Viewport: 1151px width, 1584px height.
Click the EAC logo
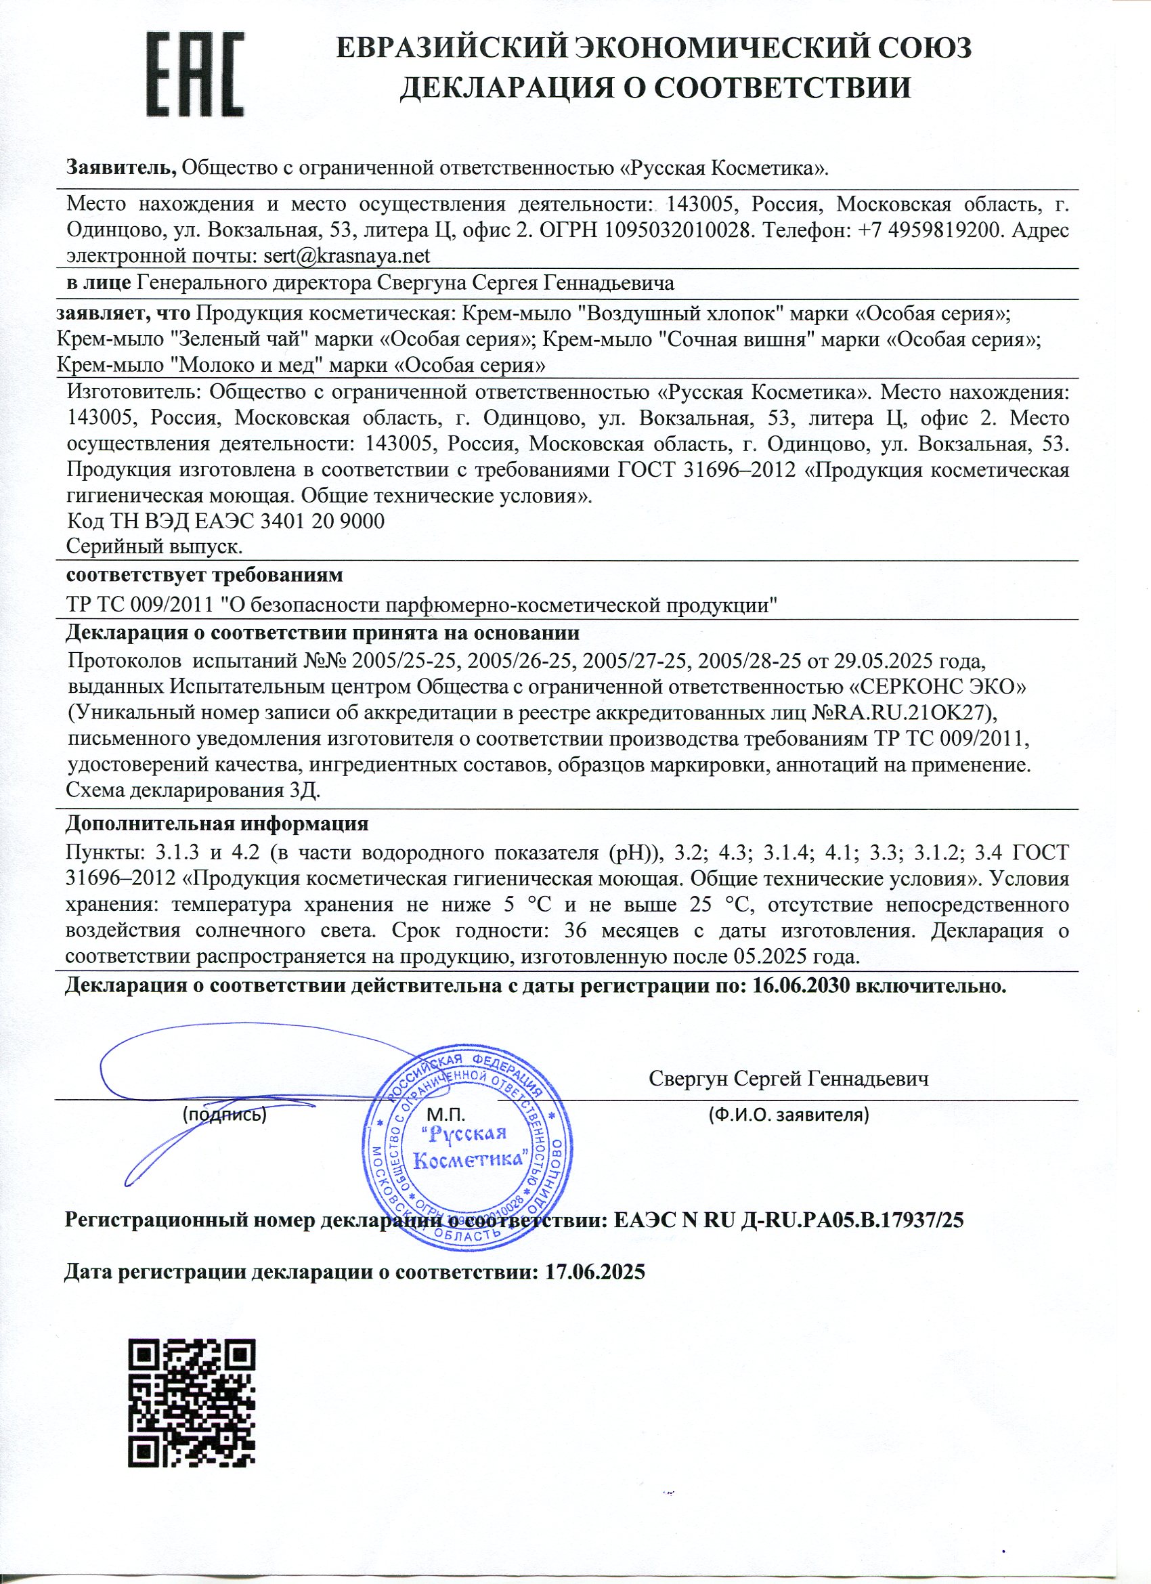click(196, 75)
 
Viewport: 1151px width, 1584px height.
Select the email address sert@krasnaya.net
click(347, 256)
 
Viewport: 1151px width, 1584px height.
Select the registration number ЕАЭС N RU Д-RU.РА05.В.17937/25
click(789, 1220)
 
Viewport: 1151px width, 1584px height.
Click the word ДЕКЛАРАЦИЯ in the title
click(510, 89)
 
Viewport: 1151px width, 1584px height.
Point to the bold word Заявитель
click(123, 168)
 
